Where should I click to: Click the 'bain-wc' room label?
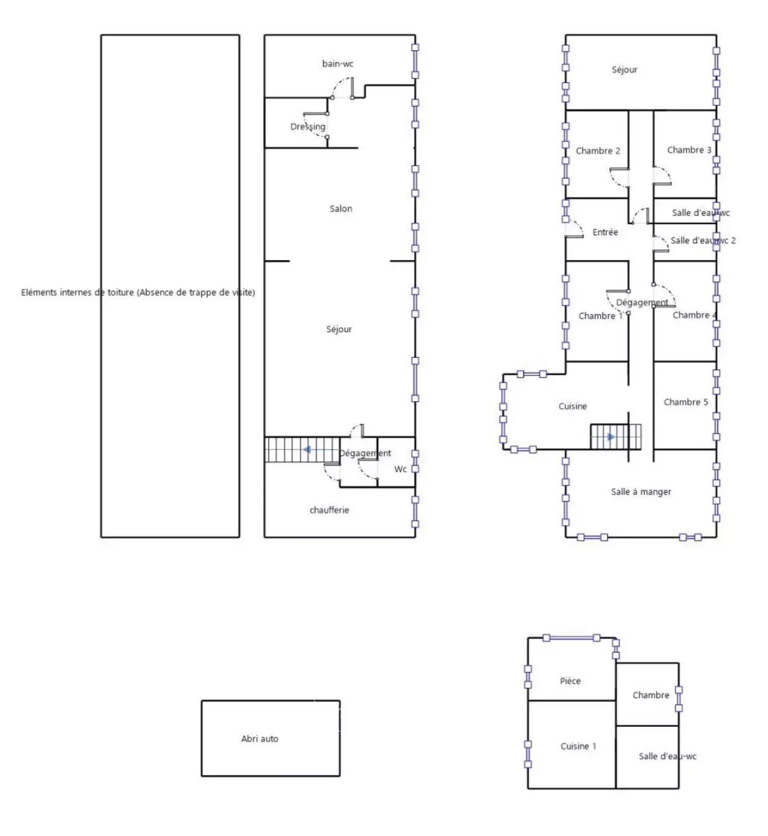click(338, 64)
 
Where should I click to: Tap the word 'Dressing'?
click(308, 127)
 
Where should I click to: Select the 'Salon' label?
click(340, 208)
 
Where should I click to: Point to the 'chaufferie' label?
click(329, 510)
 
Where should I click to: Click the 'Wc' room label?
click(400, 469)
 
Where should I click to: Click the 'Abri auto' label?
click(259, 739)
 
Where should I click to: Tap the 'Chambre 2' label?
click(598, 151)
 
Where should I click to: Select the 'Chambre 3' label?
click(689, 150)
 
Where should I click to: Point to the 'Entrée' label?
click(604, 232)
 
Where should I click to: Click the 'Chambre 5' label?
click(685, 402)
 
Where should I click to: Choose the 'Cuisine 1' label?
click(578, 746)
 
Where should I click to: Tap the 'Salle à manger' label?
click(641, 492)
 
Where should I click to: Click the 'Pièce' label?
click(570, 681)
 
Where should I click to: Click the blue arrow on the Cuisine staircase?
click(611, 437)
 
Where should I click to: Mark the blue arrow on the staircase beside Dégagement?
click(307, 450)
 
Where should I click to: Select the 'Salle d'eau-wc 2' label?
click(703, 241)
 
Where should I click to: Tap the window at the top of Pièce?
click(571, 638)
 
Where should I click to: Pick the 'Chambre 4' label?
click(695, 315)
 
